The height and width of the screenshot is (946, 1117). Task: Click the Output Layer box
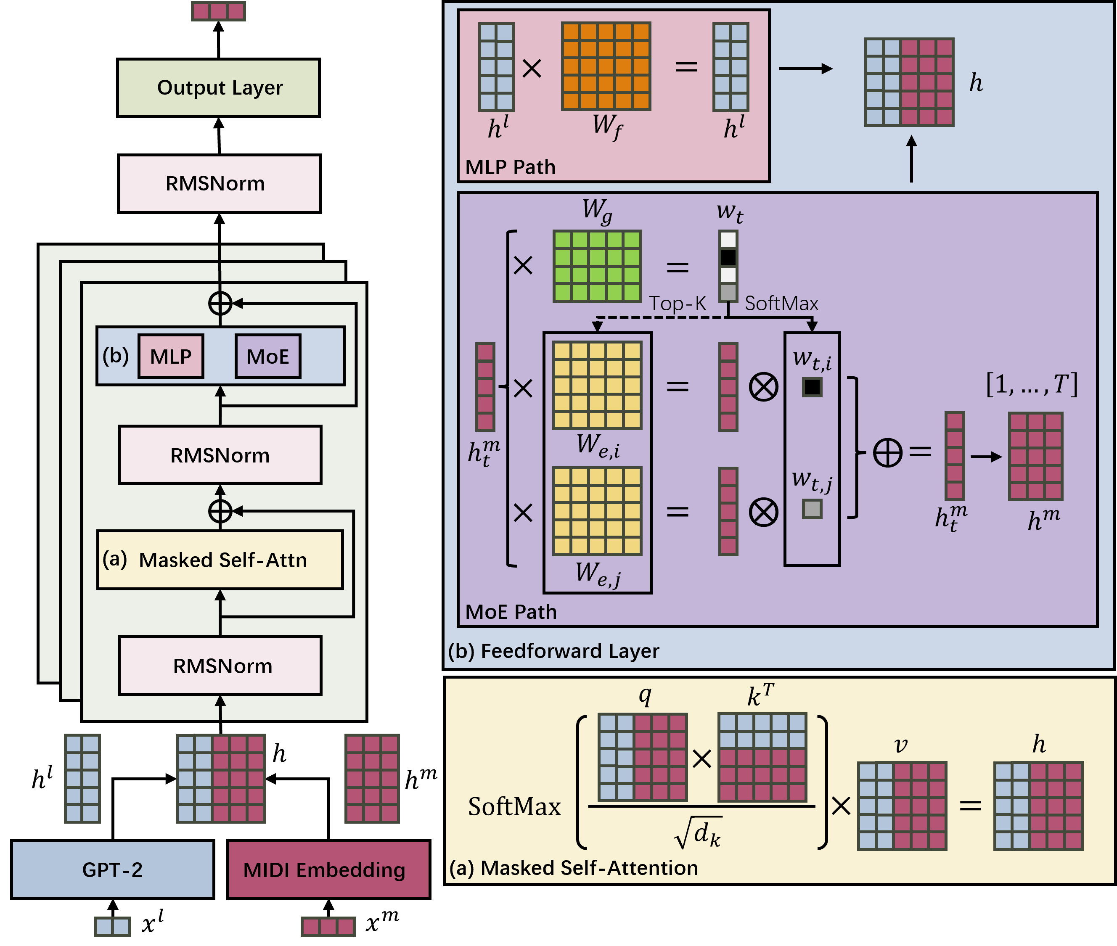click(218, 88)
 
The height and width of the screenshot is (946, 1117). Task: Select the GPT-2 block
click(113, 869)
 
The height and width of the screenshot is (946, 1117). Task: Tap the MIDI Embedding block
click(328, 869)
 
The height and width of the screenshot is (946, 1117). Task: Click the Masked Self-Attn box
click(220, 560)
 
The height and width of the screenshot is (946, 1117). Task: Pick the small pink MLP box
click(171, 357)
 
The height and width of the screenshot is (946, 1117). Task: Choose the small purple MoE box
click(268, 357)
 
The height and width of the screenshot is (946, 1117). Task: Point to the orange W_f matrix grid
click(606, 66)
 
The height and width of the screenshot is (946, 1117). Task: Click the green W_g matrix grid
click(597, 266)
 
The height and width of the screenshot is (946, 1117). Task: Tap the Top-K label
click(678, 304)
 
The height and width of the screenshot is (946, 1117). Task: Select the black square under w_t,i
click(812, 387)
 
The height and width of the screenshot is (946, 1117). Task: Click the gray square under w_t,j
click(812, 508)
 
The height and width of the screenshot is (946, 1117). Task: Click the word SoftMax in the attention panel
click(514, 806)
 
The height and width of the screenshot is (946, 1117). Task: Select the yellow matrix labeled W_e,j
click(597, 511)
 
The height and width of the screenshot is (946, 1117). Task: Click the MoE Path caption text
click(511, 612)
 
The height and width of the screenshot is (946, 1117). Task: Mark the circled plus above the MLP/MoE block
click(220, 304)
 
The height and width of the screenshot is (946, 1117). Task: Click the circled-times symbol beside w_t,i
click(763, 387)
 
